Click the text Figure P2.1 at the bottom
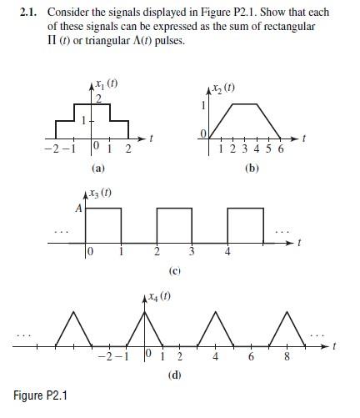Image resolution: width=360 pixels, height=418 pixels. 42,394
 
